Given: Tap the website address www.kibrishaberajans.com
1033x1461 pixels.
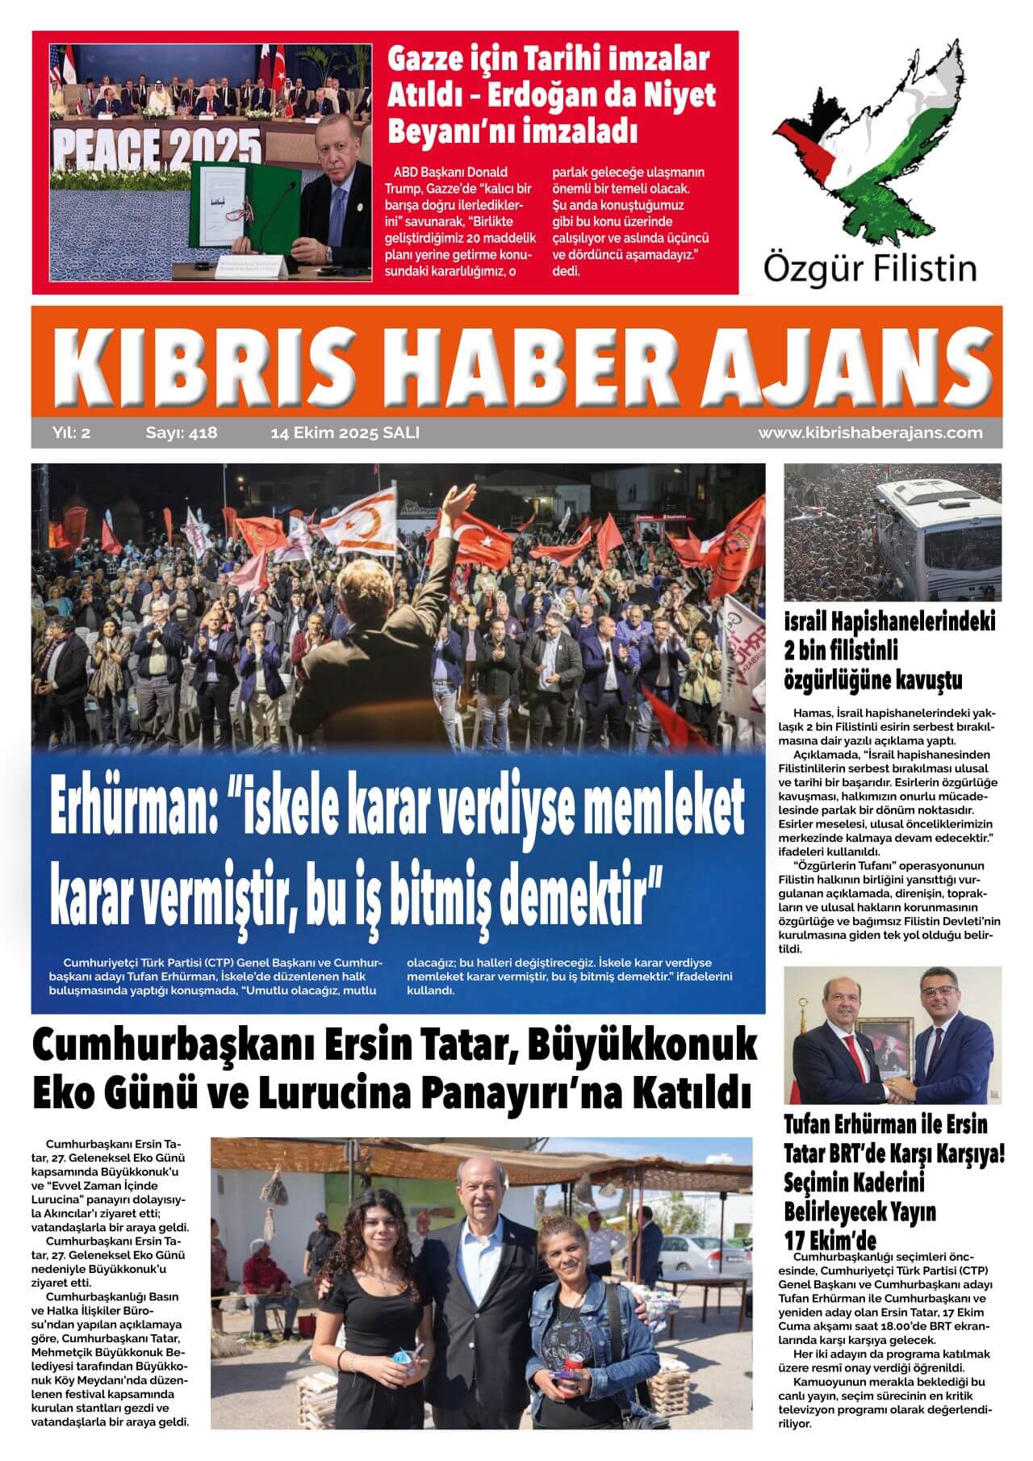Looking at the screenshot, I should click(870, 433).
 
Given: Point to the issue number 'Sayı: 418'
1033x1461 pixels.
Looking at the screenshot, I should click(182, 433).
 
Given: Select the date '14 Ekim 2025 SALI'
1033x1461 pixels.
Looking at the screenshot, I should click(345, 433).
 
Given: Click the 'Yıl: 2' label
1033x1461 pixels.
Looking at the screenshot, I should click(72, 433).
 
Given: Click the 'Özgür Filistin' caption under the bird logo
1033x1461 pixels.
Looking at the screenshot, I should click(869, 267).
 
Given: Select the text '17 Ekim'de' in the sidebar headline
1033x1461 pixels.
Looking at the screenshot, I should click(830, 1239).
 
